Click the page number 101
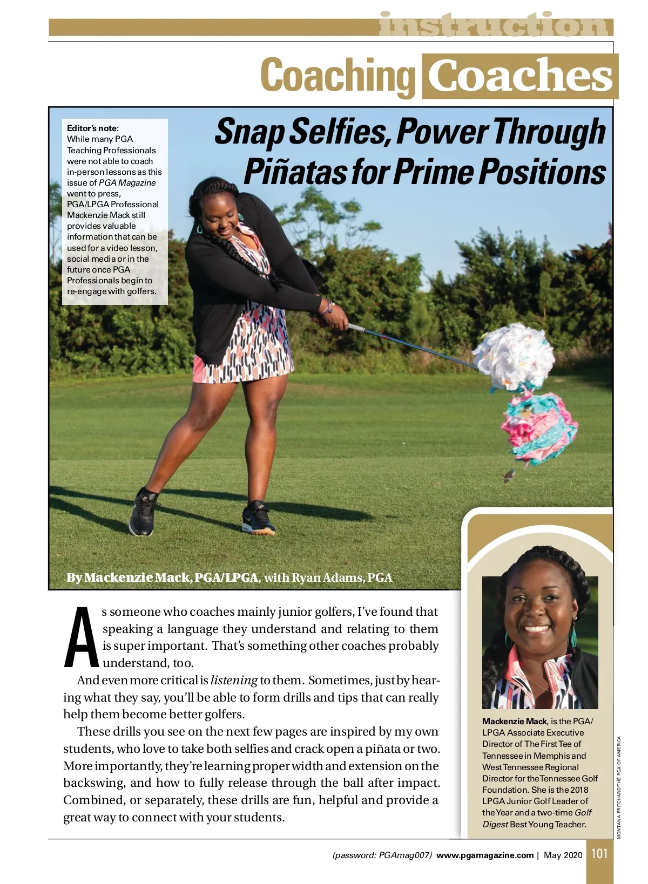coord(599,854)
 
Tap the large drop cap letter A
coord(82,637)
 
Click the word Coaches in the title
coord(519,76)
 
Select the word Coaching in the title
coord(337,76)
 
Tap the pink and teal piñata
coord(537,426)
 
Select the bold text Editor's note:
coord(92,128)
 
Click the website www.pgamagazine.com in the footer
coord(484,855)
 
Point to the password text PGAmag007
coord(404,855)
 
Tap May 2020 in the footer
coord(563,855)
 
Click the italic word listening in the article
coord(233,680)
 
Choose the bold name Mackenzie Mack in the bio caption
coord(514,721)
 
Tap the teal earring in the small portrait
coord(573,637)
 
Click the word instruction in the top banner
coord(494,25)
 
